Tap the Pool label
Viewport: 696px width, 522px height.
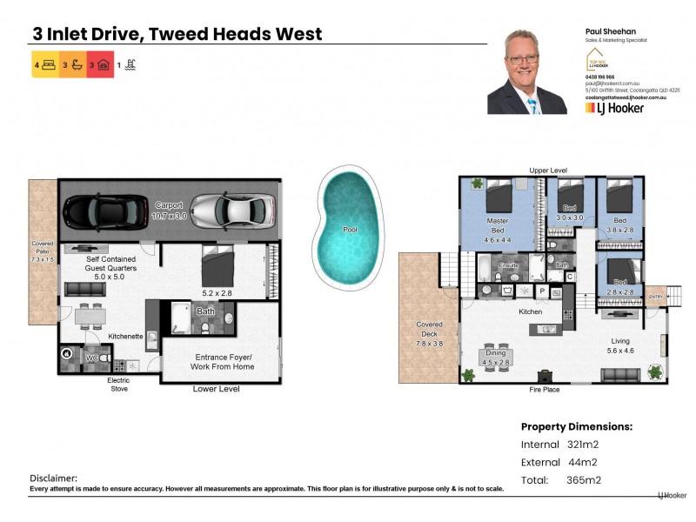(350, 230)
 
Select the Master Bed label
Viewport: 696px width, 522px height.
(497, 226)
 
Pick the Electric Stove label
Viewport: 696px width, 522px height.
(118, 385)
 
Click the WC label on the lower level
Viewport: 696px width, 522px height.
(90, 358)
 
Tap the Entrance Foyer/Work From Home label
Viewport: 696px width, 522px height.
(222, 360)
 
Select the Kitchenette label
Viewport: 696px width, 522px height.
(125, 336)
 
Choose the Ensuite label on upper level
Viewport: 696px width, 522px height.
(509, 264)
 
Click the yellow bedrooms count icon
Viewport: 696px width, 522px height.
(45, 64)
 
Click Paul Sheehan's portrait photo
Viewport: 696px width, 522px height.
(527, 73)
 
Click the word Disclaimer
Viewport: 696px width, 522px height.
(54, 478)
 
